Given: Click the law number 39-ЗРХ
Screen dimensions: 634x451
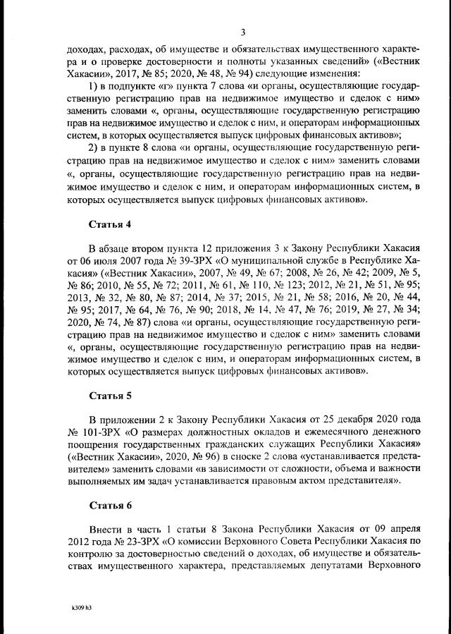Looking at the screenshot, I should [186, 264].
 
